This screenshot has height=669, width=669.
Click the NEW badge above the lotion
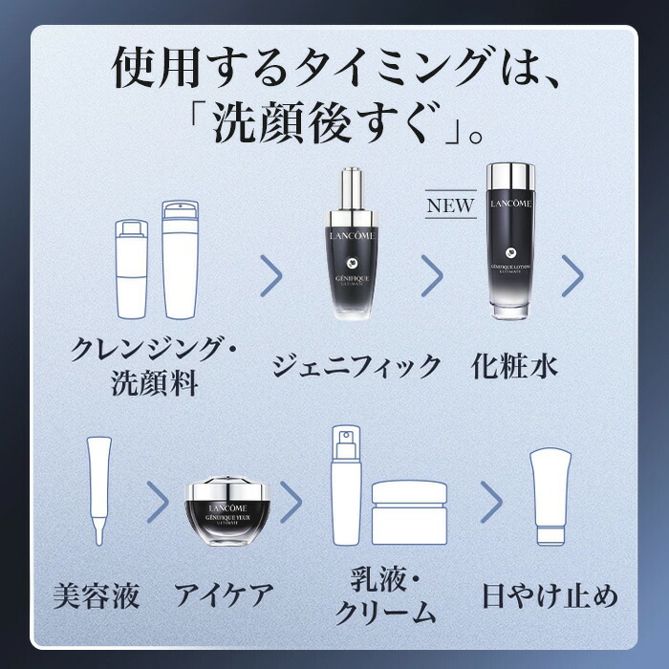tap(449, 205)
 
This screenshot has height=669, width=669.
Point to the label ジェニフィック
tap(357, 364)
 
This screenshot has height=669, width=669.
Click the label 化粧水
tap(514, 364)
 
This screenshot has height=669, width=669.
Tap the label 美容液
tap(95, 596)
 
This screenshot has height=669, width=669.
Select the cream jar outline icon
tap(410, 510)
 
